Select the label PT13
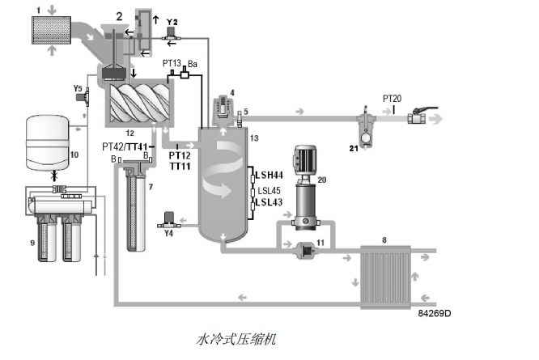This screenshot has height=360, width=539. pyautogui.click(x=172, y=62)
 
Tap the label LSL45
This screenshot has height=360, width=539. pyautogui.click(x=268, y=190)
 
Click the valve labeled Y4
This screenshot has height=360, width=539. pyautogui.click(x=168, y=218)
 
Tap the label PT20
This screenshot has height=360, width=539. pyautogui.click(x=393, y=98)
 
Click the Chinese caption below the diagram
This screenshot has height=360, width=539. pyautogui.click(x=236, y=338)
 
